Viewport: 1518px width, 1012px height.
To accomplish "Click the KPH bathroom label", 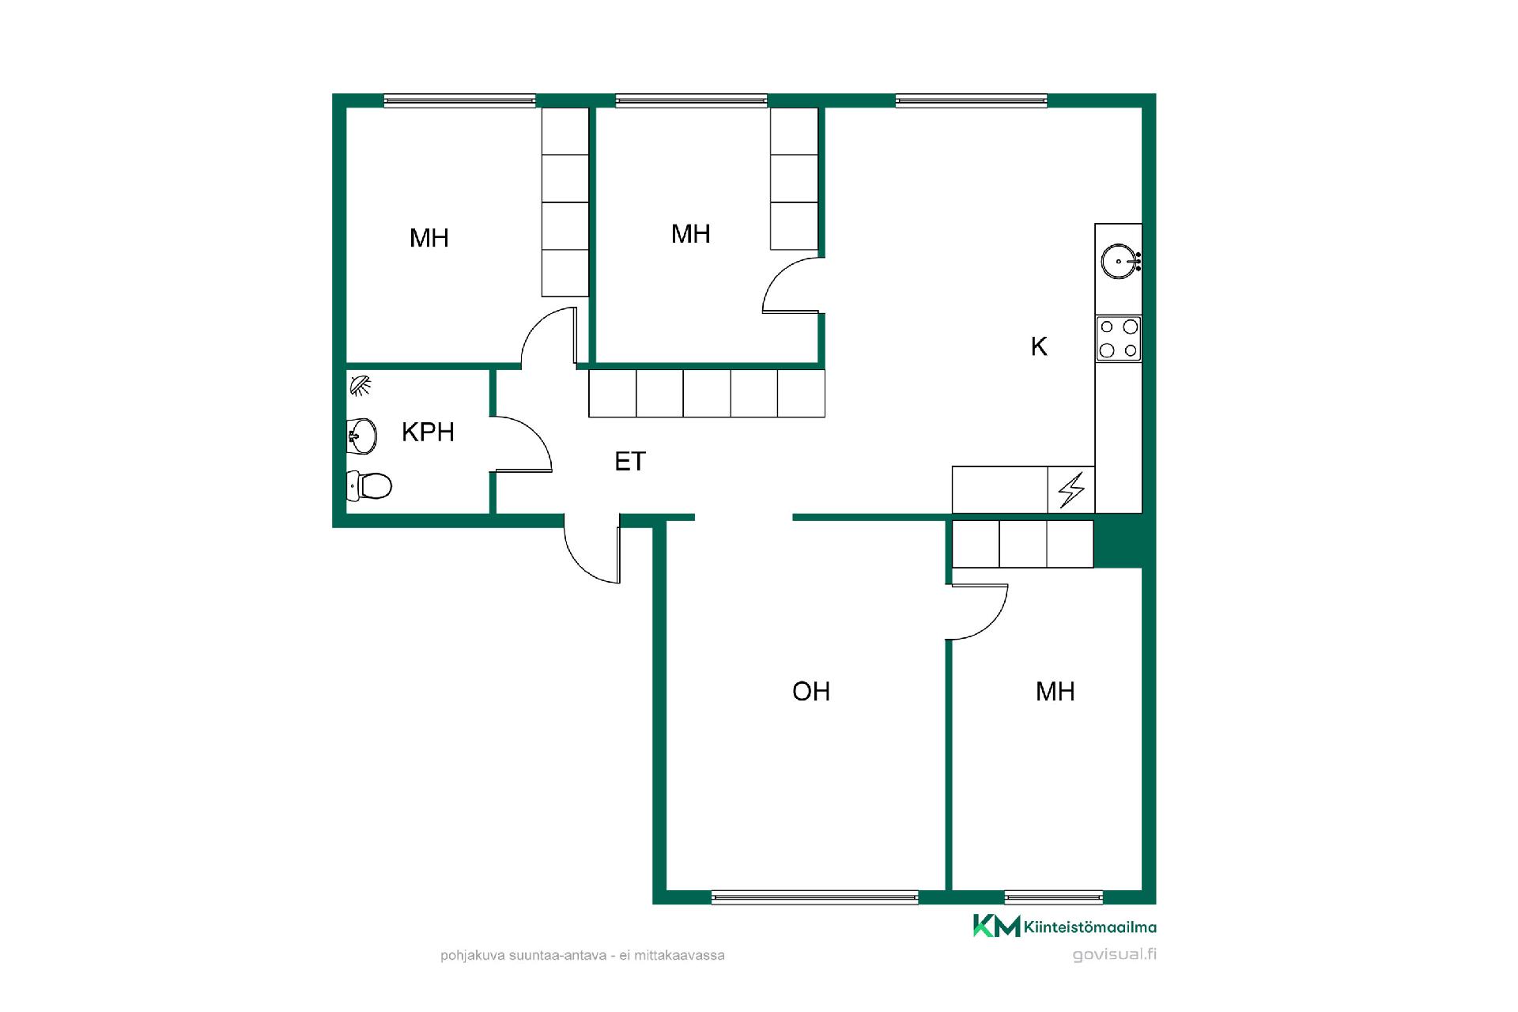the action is click(428, 432).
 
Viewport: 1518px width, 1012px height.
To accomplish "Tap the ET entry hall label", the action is click(630, 462).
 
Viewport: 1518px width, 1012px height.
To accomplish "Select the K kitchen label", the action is click(1039, 346).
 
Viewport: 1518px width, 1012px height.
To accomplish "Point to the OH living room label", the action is click(811, 692).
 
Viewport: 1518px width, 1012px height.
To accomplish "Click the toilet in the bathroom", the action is click(369, 485).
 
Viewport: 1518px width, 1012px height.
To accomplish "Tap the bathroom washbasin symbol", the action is click(362, 436).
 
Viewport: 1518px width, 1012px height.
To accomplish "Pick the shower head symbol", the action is click(361, 385).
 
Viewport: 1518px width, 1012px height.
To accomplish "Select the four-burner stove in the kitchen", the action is click(1119, 339).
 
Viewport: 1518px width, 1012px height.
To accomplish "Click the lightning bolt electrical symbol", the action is click(1071, 490).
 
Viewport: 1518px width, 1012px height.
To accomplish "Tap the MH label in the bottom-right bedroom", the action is click(1055, 692).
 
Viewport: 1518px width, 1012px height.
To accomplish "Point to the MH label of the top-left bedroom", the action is click(429, 238).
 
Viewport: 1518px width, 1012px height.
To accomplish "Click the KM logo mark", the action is click(996, 926).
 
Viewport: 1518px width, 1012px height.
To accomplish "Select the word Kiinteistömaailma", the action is click(1090, 927).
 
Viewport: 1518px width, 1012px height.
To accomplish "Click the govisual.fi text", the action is click(1115, 954).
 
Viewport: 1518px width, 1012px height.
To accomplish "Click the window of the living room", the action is click(815, 897).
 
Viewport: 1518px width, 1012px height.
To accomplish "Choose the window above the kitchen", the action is click(972, 100).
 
